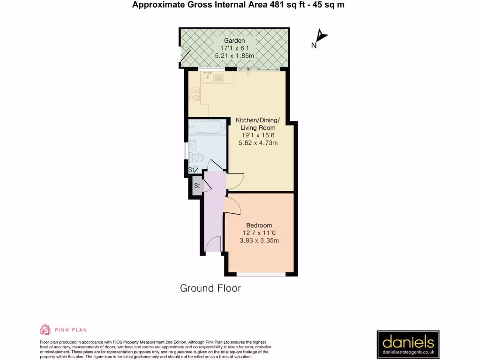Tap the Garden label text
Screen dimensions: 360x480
pyautogui.click(x=234, y=41)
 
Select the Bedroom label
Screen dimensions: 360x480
pyautogui.click(x=259, y=225)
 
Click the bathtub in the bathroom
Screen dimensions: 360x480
pyautogui.click(x=206, y=128)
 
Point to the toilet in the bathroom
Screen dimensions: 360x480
pyautogui.click(x=196, y=157)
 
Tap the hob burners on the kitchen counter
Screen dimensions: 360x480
pyautogui.click(x=195, y=95)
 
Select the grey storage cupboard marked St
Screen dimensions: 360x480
pyautogui.click(x=197, y=186)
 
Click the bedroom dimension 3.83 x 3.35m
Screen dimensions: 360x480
pyautogui.click(x=261, y=241)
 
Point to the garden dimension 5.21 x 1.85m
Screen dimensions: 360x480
pyautogui.click(x=234, y=56)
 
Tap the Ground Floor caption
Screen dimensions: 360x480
pyautogui.click(x=210, y=288)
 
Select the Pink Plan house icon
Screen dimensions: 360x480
pyautogui.click(x=45, y=330)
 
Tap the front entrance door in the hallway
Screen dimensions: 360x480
pyautogui.click(x=214, y=244)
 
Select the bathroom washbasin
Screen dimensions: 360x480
pyautogui.click(x=192, y=143)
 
